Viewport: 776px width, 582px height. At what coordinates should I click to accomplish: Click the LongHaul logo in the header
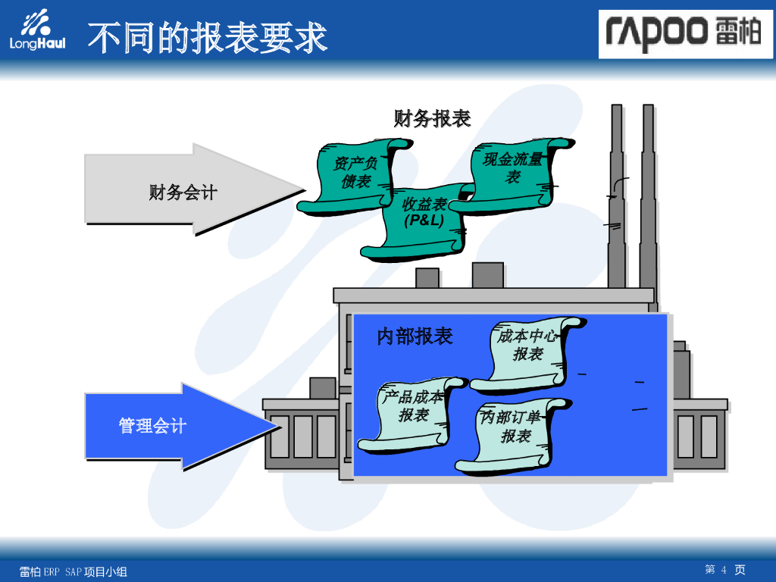coord(37,31)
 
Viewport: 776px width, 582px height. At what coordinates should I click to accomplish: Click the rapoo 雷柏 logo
coord(685,34)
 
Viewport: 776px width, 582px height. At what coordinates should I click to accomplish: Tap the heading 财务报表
coord(432,119)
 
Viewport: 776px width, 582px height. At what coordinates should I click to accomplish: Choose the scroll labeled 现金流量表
coord(515,170)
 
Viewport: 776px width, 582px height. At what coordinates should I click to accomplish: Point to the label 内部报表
coord(415,336)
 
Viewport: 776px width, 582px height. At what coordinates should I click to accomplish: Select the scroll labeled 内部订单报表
coord(512,432)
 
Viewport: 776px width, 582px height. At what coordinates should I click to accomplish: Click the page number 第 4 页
coord(725,570)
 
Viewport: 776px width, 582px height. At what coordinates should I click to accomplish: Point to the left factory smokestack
coord(617,197)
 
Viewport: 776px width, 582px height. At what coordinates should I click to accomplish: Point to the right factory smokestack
coord(648,197)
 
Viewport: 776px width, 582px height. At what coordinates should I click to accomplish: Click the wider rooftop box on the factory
coord(487,275)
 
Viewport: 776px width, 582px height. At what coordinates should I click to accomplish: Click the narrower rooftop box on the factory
coord(427,277)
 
